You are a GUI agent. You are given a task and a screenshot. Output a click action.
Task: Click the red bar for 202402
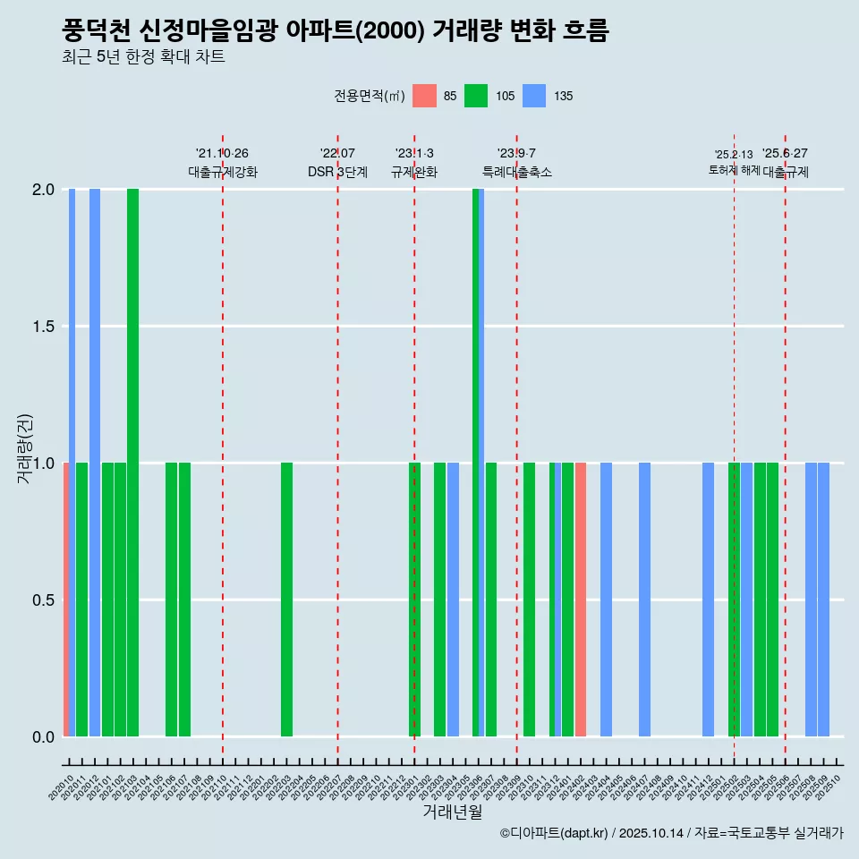[581, 600]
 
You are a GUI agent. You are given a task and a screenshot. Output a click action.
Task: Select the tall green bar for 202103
[132, 463]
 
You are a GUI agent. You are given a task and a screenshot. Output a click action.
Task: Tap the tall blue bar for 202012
[95, 463]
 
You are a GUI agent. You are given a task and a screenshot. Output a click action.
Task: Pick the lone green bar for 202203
[286, 600]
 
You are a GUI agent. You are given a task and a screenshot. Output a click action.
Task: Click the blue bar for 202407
[644, 600]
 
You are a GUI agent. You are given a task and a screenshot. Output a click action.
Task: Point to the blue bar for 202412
[709, 600]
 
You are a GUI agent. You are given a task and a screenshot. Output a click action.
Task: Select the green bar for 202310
[530, 600]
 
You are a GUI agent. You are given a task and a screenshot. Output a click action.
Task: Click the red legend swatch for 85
[425, 96]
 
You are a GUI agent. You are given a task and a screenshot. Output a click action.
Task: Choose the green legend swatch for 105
[477, 96]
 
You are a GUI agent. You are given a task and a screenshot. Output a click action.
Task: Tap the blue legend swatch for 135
[534, 96]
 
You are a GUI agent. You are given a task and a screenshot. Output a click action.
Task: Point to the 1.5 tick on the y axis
[42, 327]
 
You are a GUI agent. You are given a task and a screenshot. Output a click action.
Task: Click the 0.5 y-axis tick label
[42, 600]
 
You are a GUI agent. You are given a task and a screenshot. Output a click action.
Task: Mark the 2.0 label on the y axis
[42, 190]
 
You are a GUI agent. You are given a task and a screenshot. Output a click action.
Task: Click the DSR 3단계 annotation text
[337, 172]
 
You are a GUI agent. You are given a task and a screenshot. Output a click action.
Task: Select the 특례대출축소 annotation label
[517, 172]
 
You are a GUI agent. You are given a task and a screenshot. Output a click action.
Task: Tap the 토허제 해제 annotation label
[734, 170]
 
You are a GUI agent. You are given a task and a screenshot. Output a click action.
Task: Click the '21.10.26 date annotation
[222, 154]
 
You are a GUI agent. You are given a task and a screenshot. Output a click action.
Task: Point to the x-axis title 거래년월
[452, 812]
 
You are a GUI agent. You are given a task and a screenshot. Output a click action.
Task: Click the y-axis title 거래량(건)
[25, 447]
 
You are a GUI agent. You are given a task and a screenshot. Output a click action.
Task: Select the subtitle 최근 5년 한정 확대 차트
[143, 57]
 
